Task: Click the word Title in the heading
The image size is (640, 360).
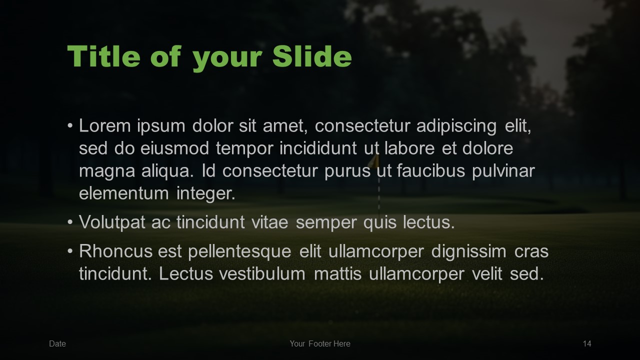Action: point(103,56)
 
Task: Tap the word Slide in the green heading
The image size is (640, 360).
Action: point(312,56)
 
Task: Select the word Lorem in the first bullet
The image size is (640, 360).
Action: point(105,125)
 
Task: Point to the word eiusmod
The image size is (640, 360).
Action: point(174,148)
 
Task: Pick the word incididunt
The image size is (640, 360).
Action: point(318,148)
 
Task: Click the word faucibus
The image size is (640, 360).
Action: point(431,171)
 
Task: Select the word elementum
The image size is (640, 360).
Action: point(123,193)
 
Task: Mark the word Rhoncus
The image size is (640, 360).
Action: point(115,251)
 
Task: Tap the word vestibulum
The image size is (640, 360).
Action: point(262,273)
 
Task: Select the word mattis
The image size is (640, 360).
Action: point(337,273)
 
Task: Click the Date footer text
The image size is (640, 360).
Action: point(57,343)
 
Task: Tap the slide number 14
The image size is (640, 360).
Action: point(587,343)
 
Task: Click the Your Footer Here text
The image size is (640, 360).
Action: point(320,343)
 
